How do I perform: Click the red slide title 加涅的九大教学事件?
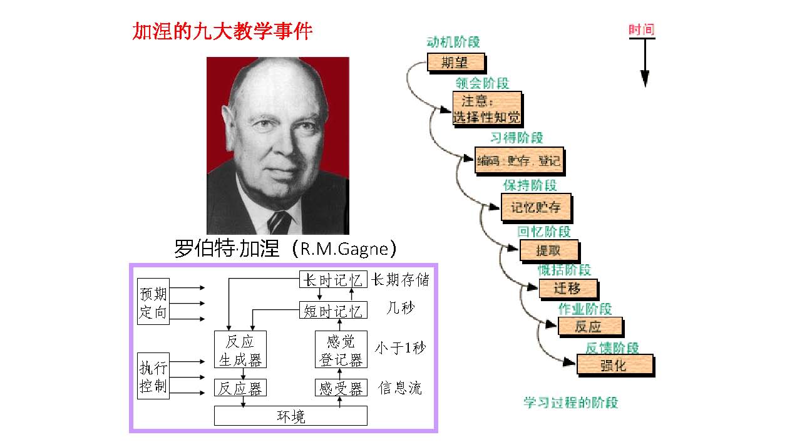coord(222,31)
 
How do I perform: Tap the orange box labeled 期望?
coord(456,62)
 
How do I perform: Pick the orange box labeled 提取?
coord(548,251)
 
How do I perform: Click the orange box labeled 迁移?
coord(567,289)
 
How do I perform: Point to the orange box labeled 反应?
coord(589,326)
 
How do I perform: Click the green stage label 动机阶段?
coord(453,43)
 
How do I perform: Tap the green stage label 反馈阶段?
coord(612,348)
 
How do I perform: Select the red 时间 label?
coord(642,29)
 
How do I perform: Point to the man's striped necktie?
coord(279,222)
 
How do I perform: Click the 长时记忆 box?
coord(332,280)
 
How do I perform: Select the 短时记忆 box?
coord(332,310)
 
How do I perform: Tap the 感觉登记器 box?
coord(341,349)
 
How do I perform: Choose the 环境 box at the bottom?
coord(290,416)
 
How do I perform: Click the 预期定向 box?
coord(153,301)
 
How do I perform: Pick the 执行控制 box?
coord(153,376)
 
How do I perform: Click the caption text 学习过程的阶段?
coord(570,403)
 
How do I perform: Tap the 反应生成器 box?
coord(240,349)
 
